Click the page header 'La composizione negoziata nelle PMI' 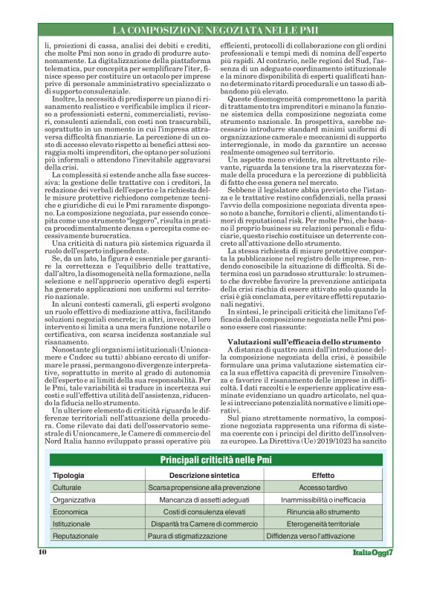point(215,30)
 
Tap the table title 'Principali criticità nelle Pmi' point(215,460)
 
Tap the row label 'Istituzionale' point(72,523)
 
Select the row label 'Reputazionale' point(75,535)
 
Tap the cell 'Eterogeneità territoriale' point(323,523)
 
